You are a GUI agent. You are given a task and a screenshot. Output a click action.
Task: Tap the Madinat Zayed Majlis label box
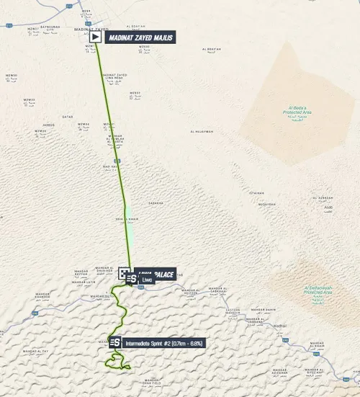[x=140, y=37]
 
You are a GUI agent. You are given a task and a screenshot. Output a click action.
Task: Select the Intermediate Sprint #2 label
[x=163, y=343]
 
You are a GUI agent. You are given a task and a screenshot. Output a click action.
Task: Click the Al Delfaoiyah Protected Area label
[x=313, y=292]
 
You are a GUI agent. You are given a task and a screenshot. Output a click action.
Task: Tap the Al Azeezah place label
[x=325, y=198]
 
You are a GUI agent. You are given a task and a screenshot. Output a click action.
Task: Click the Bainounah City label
[x=57, y=28]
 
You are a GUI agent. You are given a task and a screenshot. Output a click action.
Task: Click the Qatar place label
[x=68, y=116]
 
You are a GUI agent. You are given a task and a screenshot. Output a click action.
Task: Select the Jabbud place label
[x=49, y=125]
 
